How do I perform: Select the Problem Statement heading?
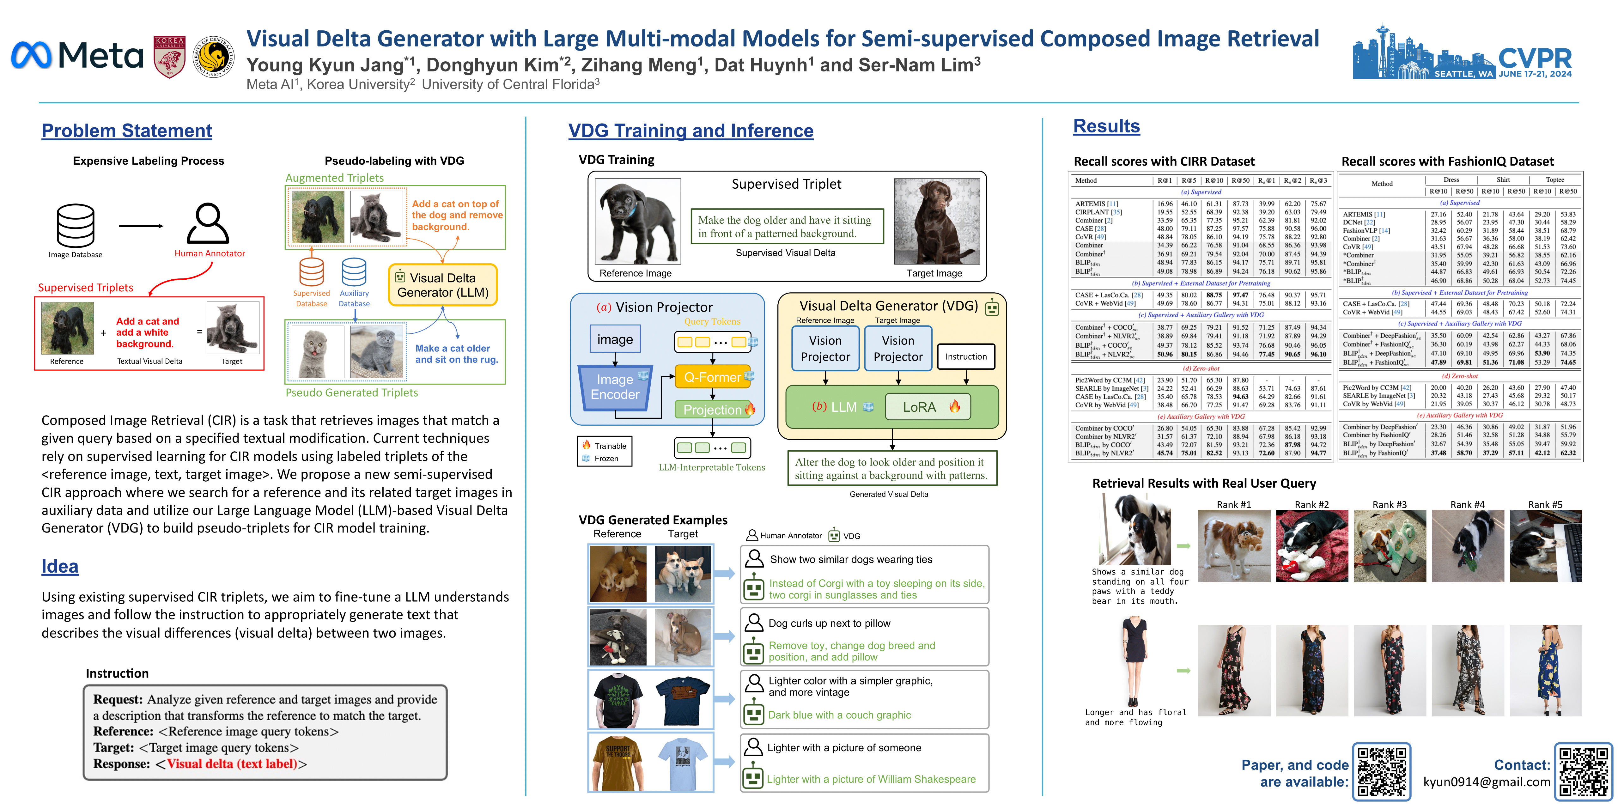[126, 131]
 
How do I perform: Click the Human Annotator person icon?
[208, 224]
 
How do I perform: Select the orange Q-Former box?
[713, 377]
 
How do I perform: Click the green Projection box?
[713, 410]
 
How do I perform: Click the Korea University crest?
[170, 57]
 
